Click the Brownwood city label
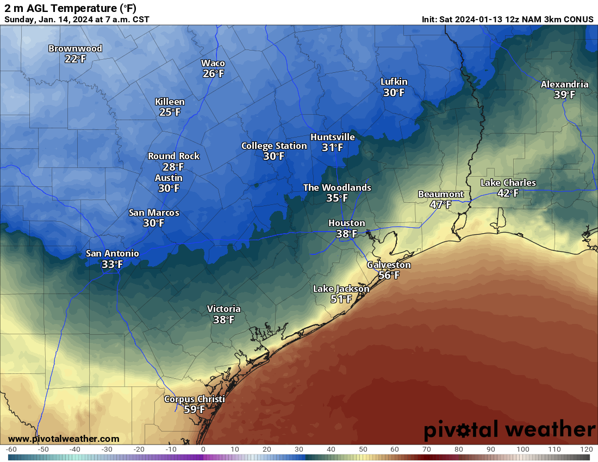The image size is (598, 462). click(75, 48)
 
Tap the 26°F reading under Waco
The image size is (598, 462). click(213, 73)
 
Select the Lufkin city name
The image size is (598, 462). click(394, 82)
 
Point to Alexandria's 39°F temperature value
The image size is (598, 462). click(564, 95)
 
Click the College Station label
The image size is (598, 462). click(274, 146)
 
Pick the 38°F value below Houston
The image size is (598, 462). click(346, 234)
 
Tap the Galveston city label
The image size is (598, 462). click(389, 265)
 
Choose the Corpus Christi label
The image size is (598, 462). click(194, 399)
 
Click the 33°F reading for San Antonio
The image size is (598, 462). click(112, 264)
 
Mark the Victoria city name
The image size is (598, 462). click(223, 309)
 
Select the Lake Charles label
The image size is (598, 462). click(508, 183)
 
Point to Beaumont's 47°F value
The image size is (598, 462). click(440, 204)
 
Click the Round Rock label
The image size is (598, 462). click(173, 156)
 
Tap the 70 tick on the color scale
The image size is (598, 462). click(427, 449)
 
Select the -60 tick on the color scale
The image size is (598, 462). click(11, 449)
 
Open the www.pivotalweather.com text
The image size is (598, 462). click(64, 439)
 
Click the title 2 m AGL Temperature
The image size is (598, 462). click(71, 8)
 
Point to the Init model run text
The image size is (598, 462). click(507, 19)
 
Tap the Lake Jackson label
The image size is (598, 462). click(341, 289)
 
